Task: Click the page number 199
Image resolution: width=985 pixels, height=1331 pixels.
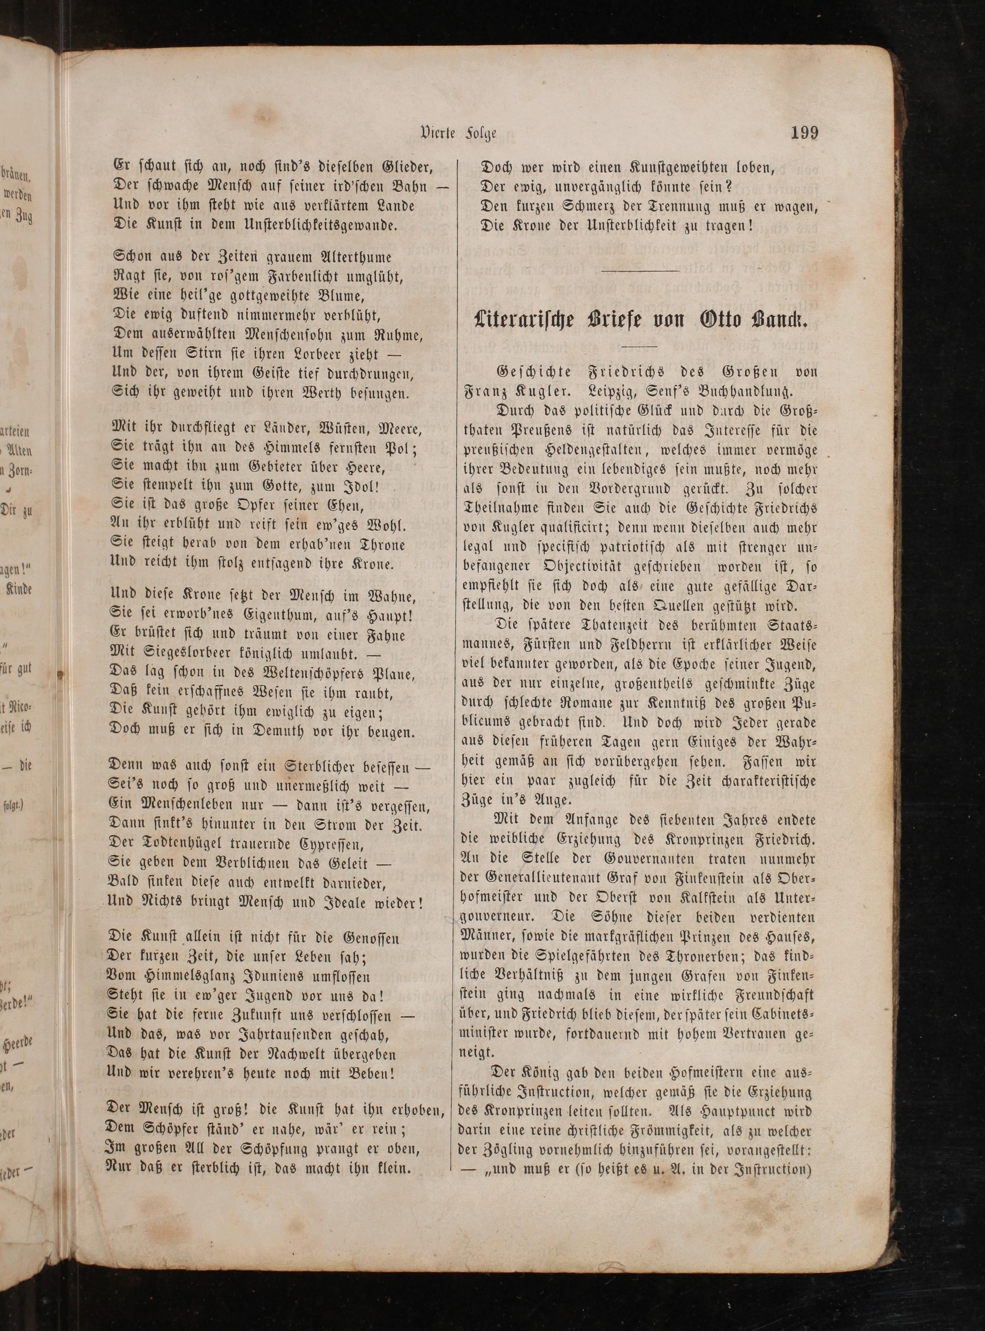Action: click(805, 132)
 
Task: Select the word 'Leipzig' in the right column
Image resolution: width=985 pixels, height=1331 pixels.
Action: click(617, 392)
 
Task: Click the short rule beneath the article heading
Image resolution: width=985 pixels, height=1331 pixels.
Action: click(639, 346)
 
